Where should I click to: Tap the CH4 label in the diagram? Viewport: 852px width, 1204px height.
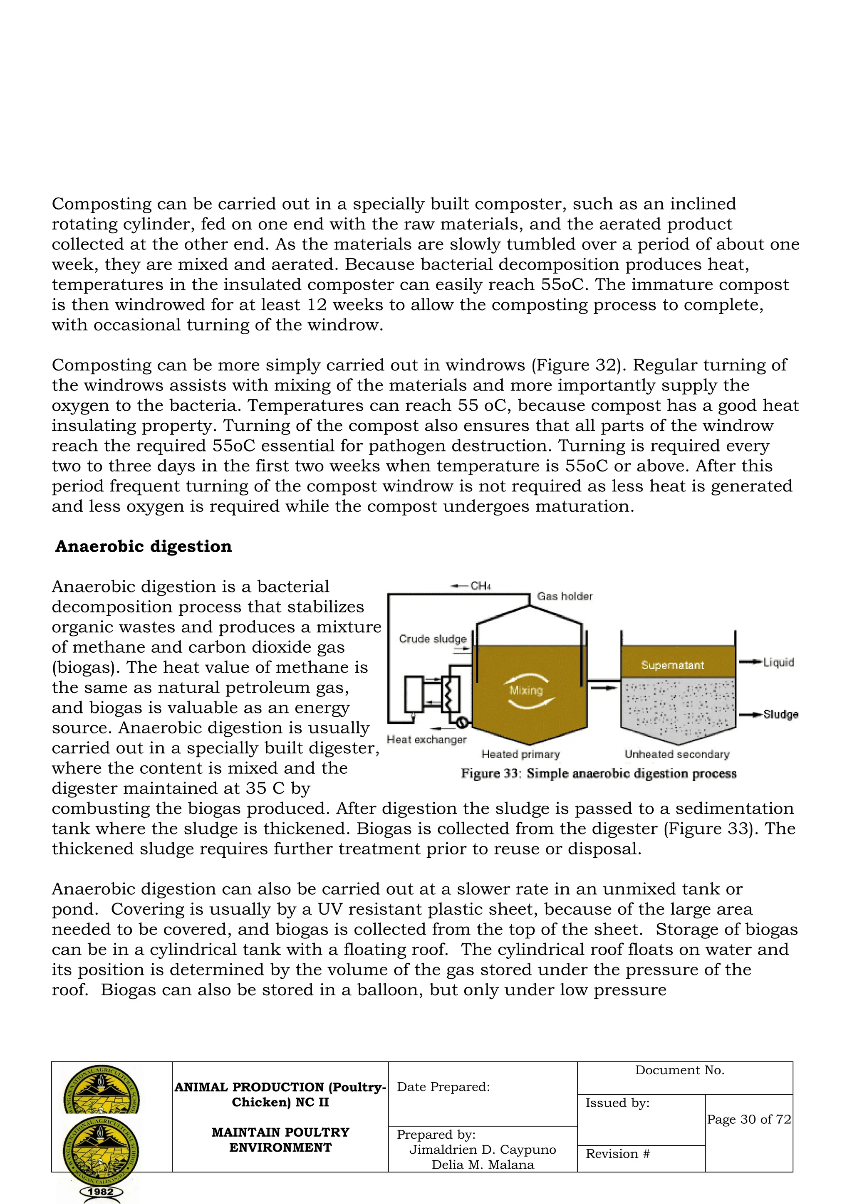click(x=480, y=586)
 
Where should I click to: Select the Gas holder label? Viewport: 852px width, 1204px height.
click(x=565, y=596)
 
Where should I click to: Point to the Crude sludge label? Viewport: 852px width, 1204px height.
click(x=432, y=639)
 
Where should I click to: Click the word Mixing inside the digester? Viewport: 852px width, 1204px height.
click(x=526, y=691)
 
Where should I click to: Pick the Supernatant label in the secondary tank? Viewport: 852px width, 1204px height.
click(x=672, y=665)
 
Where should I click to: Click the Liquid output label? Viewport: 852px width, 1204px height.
click(x=778, y=662)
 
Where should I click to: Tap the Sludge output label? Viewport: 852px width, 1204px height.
click(x=780, y=714)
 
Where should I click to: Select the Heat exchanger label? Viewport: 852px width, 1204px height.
click(x=426, y=739)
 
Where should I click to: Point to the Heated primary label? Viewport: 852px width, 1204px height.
click(x=520, y=754)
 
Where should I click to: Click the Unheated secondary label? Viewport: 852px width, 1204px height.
click(x=677, y=754)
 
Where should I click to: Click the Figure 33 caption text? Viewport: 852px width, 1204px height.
click(x=599, y=773)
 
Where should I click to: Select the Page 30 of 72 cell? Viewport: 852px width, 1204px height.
click(x=749, y=1119)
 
